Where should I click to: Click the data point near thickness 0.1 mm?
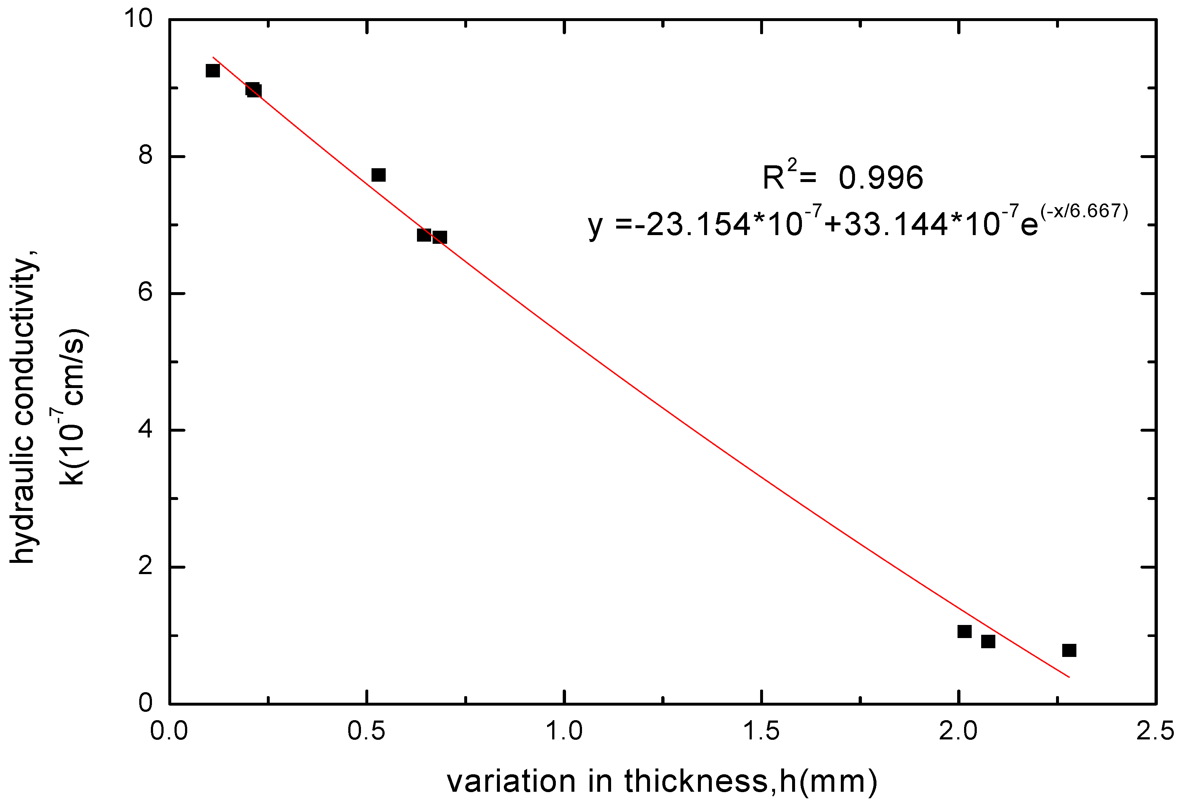pos(212,70)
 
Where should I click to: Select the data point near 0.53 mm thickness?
pos(378,175)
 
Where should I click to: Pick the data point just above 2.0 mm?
pos(964,632)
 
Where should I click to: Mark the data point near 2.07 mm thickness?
pos(988,642)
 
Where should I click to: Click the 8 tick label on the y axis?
pos(146,156)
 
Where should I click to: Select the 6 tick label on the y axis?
pos(146,293)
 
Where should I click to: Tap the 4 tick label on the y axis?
pos(146,430)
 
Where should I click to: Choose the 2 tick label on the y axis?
pos(146,567)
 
